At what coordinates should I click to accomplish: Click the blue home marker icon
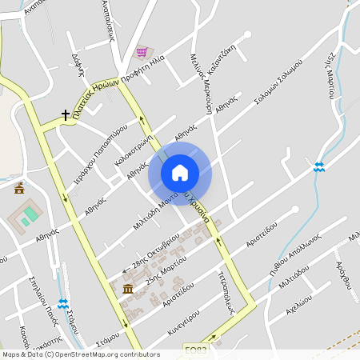pyautogui.click(x=180, y=173)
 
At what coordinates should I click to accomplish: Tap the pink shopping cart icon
pyautogui.click(x=142, y=52)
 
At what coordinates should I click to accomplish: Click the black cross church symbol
pyautogui.click(x=66, y=115)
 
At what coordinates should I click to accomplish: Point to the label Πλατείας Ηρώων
pyautogui.click(x=95, y=101)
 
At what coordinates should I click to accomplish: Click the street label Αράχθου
pyautogui.click(x=344, y=274)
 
